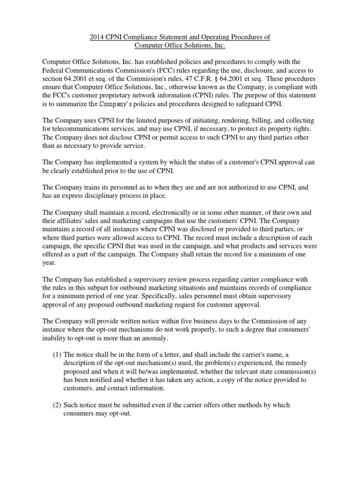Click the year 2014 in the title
(x=97, y=37)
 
